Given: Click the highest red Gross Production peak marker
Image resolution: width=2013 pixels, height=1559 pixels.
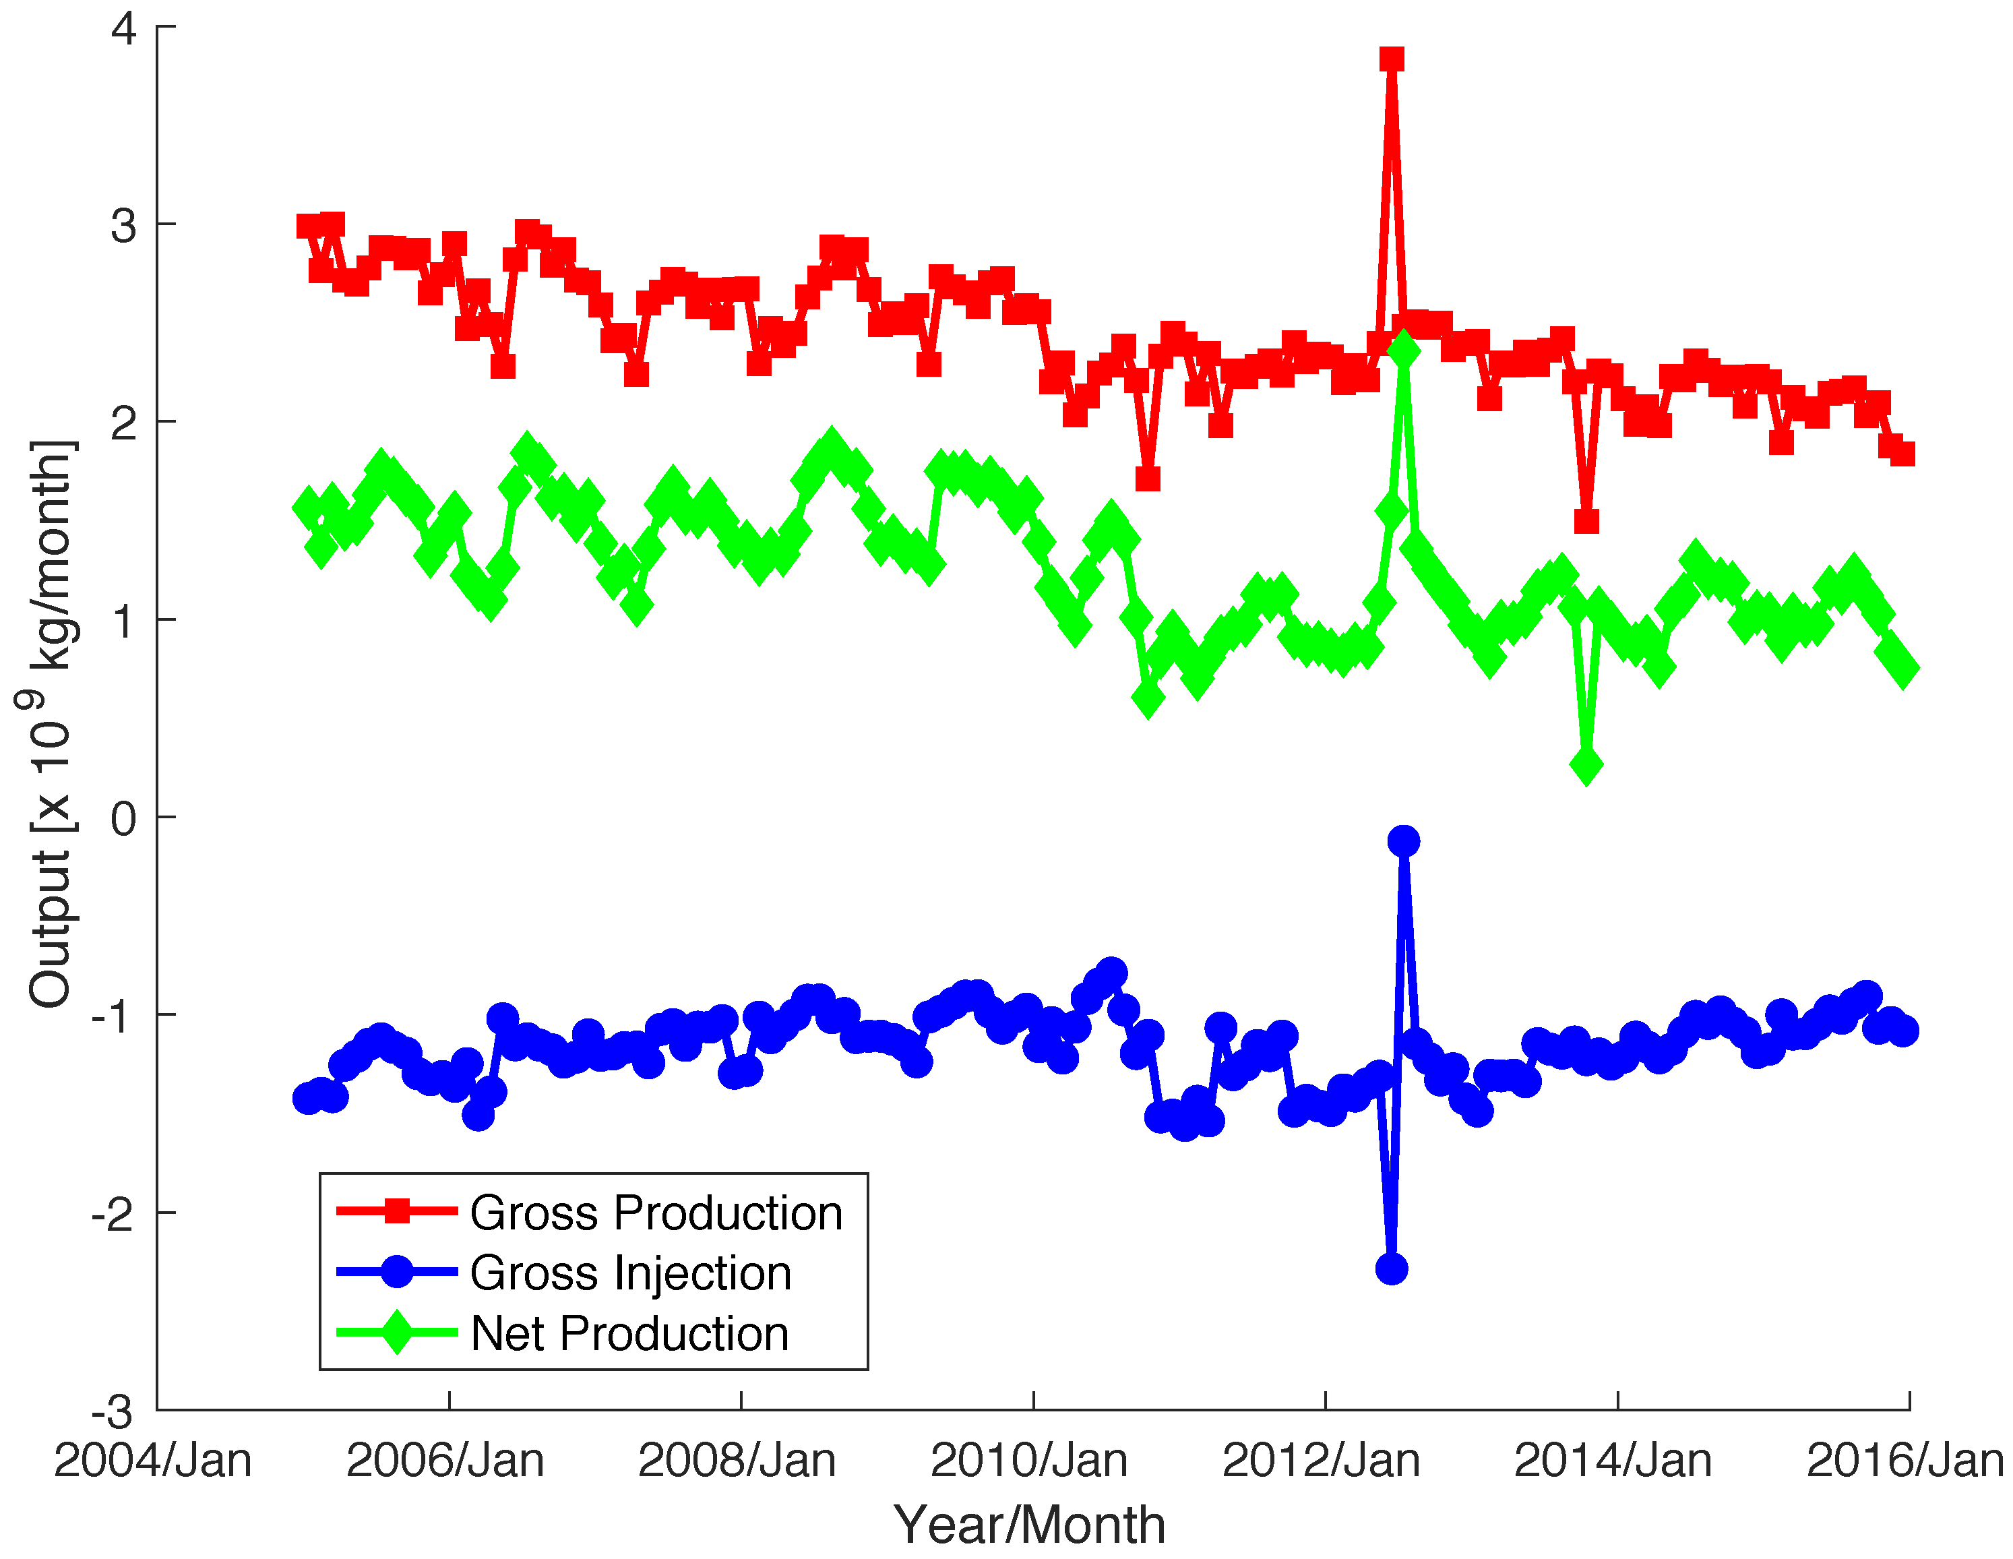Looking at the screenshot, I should pyautogui.click(x=1392, y=60).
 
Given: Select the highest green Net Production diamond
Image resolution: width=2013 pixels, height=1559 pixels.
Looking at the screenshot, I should pyautogui.click(x=1403, y=351).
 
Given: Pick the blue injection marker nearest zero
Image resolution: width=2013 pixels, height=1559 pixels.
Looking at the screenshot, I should pyautogui.click(x=1403, y=840).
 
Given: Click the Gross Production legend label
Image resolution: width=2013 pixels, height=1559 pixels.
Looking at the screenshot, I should pyautogui.click(x=656, y=1213).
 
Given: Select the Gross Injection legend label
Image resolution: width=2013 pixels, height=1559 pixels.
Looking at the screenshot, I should pyautogui.click(x=630, y=1273).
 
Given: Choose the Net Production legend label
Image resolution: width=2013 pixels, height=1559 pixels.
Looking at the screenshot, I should pyautogui.click(x=629, y=1334).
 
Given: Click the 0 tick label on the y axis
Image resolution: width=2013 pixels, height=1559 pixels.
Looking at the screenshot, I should pyautogui.click(x=125, y=818).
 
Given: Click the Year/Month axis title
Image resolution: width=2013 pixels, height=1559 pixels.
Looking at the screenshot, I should pyautogui.click(x=1030, y=1524).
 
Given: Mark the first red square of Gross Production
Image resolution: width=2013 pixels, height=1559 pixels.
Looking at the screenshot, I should pyautogui.click(x=308, y=226).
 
